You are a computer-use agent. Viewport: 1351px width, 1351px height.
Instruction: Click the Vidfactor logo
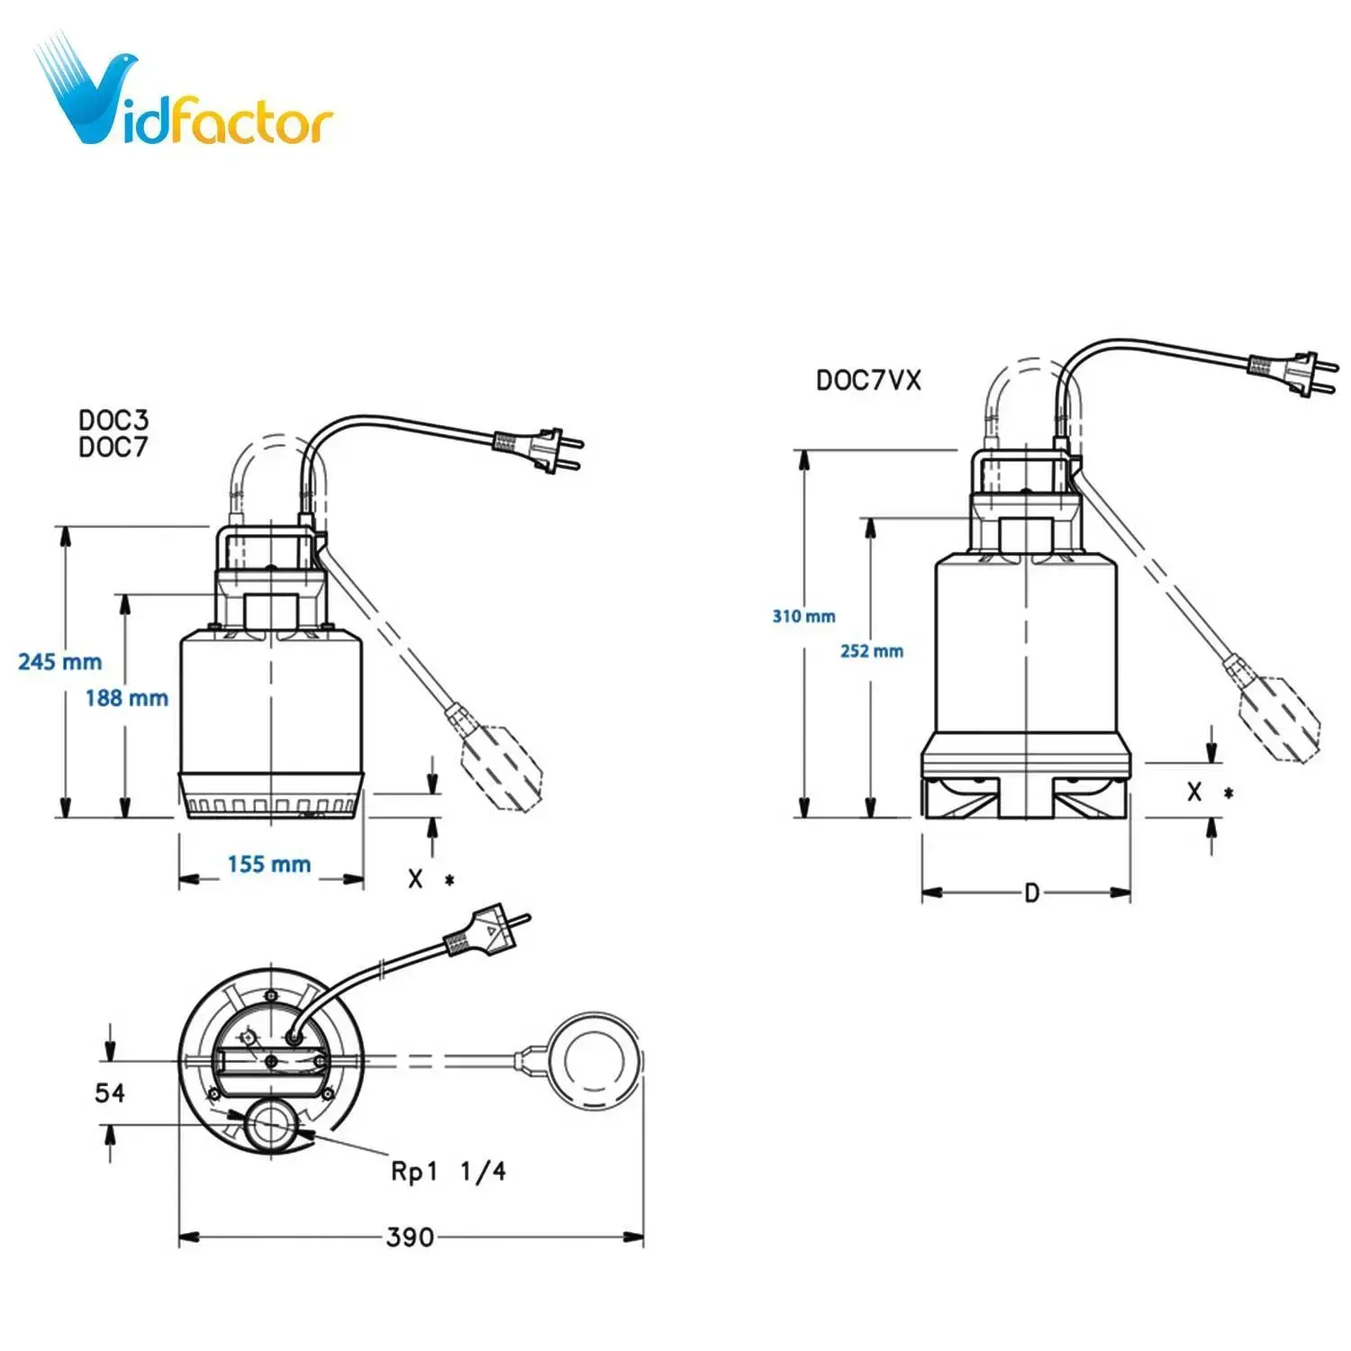click(x=185, y=95)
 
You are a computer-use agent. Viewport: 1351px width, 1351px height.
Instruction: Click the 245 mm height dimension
click(x=59, y=662)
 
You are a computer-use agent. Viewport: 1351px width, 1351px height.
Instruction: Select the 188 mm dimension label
click(x=126, y=698)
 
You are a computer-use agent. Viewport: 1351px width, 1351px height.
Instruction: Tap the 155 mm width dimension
click(x=268, y=865)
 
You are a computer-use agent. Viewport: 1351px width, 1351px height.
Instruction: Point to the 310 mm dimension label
click(x=803, y=617)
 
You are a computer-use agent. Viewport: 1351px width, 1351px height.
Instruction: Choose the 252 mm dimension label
click(x=871, y=651)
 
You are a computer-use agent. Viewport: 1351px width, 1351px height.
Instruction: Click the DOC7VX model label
click(x=868, y=381)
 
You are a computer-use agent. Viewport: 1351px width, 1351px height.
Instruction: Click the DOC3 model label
click(x=113, y=420)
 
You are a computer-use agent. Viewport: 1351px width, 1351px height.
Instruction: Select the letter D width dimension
click(x=1031, y=893)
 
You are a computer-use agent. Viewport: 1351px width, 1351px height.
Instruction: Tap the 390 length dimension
click(x=410, y=1238)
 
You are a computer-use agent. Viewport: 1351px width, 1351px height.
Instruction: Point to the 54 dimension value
click(x=110, y=1093)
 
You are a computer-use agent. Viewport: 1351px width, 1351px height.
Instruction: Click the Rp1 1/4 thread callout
click(x=448, y=1172)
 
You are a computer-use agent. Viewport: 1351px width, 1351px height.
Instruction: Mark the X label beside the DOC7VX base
click(x=1194, y=793)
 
